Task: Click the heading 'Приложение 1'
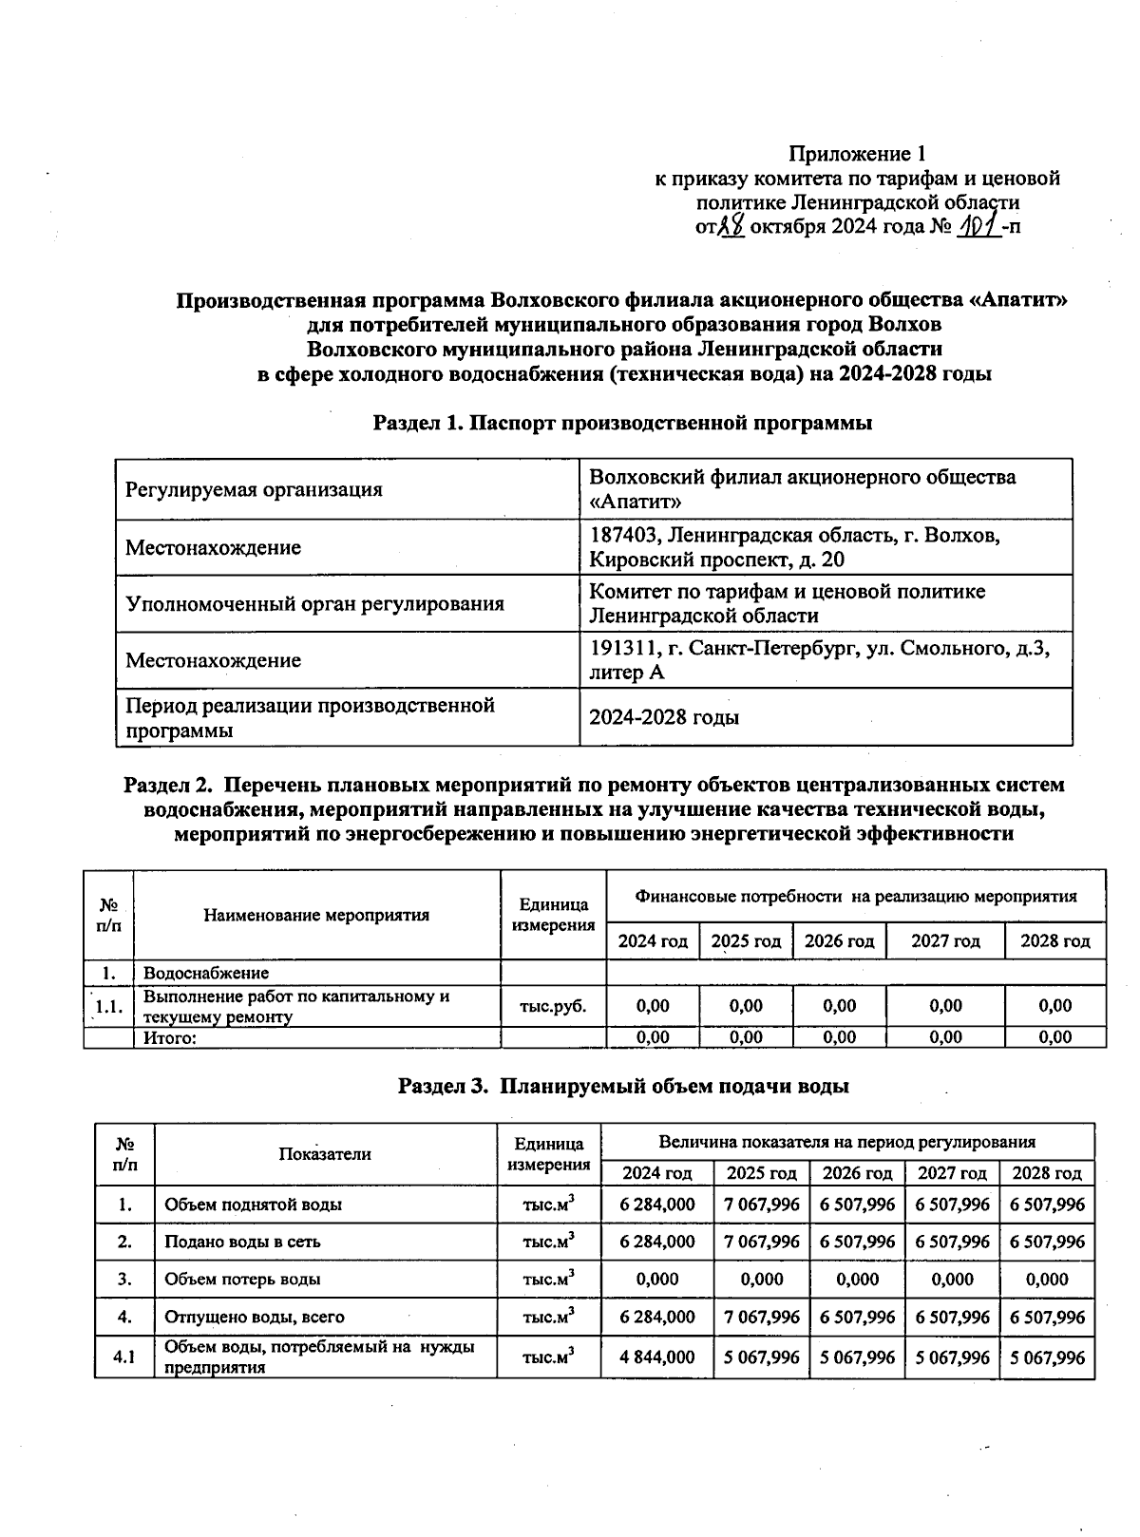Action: tap(857, 154)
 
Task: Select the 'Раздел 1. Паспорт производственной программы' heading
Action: tap(622, 423)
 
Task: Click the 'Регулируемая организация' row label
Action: tap(254, 490)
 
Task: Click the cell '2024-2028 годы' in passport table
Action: tap(664, 717)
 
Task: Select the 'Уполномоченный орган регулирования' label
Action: tap(314, 604)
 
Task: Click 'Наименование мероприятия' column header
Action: tap(316, 916)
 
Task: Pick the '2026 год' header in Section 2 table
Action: tap(839, 941)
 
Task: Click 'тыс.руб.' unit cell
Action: tap(553, 1006)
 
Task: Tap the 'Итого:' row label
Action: tap(170, 1038)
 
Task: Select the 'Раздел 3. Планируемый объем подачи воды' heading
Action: tap(622, 1086)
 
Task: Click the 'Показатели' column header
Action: tap(325, 1154)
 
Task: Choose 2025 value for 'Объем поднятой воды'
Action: tap(761, 1205)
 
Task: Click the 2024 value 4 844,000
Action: tap(656, 1357)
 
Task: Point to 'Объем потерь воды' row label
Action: tap(242, 1280)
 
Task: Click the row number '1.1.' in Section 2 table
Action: tap(109, 1007)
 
